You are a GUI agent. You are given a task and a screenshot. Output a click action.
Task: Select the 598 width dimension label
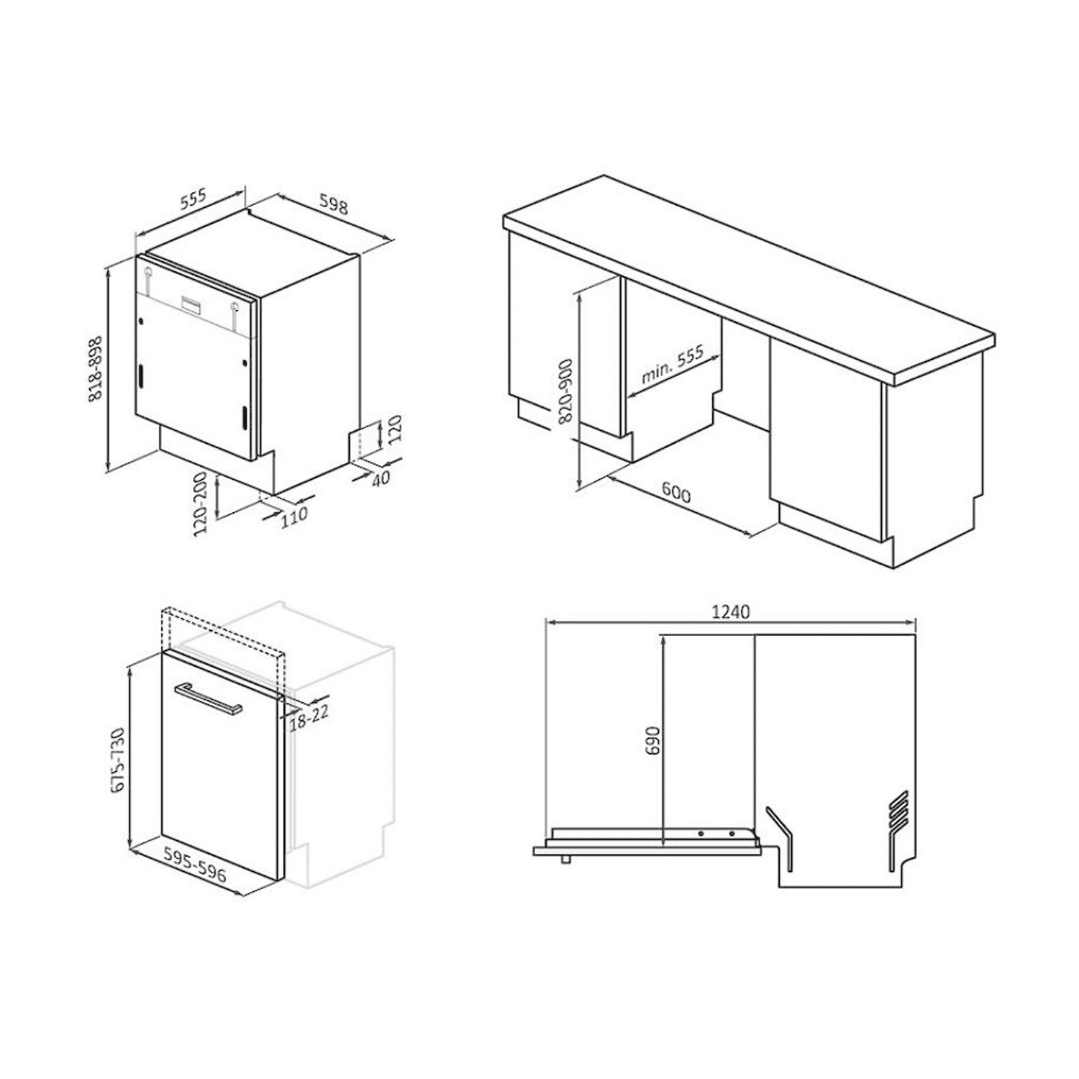coord(334,206)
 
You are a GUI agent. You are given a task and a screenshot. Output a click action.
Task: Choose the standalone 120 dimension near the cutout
coord(396,429)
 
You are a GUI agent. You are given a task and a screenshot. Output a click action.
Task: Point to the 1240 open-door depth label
coord(730,612)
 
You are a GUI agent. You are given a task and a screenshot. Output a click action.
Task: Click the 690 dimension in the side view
coord(652,740)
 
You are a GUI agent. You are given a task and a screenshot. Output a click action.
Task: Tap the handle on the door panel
coord(208,698)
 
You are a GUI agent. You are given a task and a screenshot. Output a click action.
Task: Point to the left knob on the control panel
coord(148,273)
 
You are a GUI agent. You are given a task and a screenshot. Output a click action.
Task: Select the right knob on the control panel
coord(235,307)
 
